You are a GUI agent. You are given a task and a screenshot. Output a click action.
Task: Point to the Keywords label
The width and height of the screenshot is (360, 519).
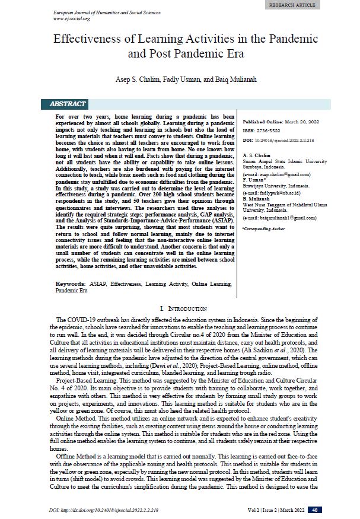point(69,285)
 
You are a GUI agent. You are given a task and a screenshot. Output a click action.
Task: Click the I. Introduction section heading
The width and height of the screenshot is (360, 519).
point(183,308)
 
